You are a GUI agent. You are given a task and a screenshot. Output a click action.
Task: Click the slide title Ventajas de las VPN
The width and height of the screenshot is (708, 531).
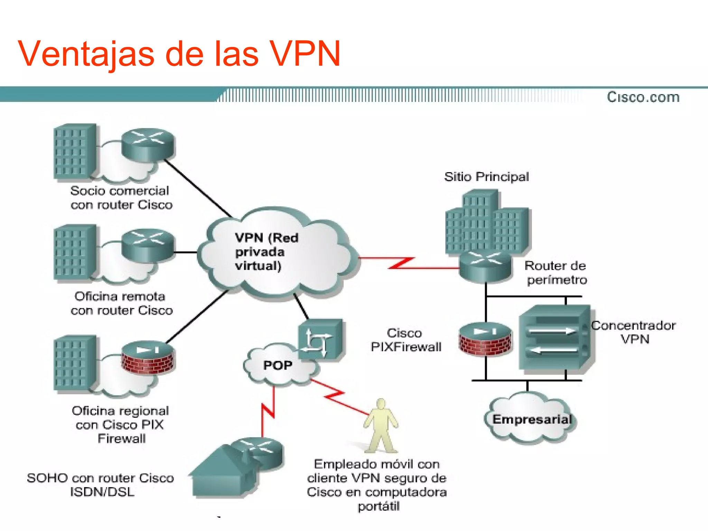click(179, 54)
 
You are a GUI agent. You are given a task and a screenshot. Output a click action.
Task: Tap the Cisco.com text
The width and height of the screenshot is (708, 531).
click(643, 97)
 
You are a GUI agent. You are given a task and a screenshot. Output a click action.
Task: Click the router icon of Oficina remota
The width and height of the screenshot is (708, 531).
click(148, 246)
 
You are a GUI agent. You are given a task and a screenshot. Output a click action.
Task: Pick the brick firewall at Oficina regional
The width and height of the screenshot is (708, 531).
click(148, 358)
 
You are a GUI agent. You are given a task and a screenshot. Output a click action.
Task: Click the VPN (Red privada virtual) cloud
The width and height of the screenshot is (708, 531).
click(273, 252)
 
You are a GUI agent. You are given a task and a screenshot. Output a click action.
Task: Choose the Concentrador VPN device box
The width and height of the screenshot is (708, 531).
click(555, 339)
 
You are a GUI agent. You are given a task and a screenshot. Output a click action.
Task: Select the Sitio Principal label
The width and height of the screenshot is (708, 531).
click(486, 177)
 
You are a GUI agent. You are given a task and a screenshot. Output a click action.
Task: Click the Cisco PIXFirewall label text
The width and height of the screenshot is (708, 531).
click(406, 340)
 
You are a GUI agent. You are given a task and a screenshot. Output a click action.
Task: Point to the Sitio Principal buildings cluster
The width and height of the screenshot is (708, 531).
click(486, 221)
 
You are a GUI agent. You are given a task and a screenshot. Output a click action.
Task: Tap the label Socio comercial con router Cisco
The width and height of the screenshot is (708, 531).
click(121, 198)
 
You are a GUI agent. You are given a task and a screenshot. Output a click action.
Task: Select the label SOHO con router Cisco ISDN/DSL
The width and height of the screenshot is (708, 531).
click(101, 485)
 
